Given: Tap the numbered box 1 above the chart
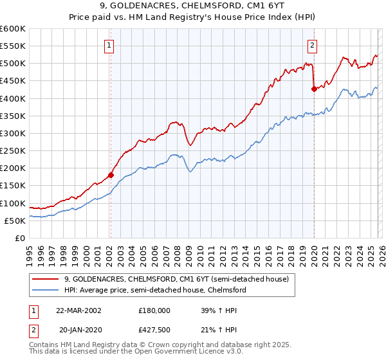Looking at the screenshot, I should (110, 46).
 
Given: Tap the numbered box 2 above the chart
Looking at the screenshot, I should (312, 46).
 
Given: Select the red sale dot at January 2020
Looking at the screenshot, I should (314, 89).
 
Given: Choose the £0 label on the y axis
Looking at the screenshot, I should (21, 238).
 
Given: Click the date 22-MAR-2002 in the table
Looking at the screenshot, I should (78, 310).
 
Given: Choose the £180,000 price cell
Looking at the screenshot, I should (154, 310).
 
